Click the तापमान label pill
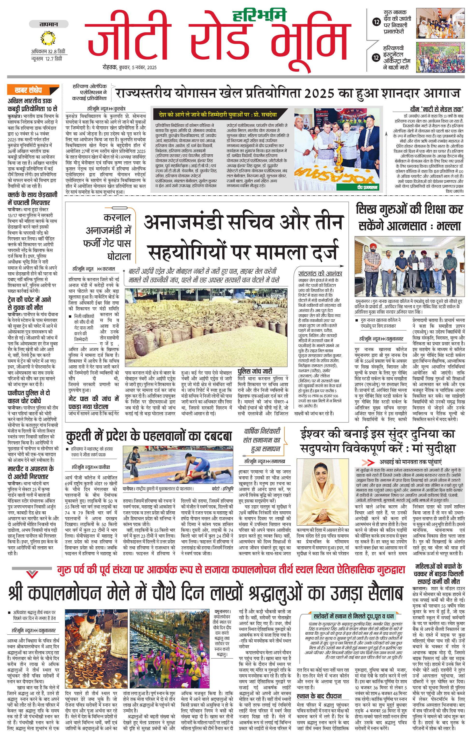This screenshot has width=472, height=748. click(49, 24)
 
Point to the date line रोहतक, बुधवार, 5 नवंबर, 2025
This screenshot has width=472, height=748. click(130, 67)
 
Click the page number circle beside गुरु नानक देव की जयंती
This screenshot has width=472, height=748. click(377, 22)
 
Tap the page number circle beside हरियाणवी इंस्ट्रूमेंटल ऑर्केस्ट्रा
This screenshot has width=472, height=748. click(377, 57)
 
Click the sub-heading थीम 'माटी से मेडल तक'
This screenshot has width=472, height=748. click(437, 109)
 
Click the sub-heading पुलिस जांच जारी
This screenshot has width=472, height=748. click(255, 371)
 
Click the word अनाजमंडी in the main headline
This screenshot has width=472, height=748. click(183, 222)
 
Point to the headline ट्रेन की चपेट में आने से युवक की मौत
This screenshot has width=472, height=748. click(29, 303)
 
